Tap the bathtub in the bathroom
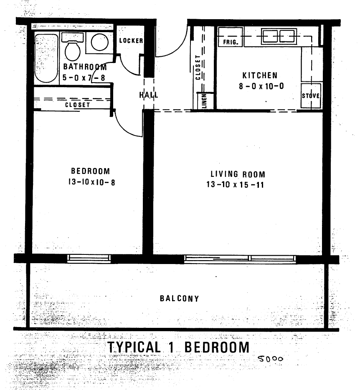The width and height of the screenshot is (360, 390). point(46,58)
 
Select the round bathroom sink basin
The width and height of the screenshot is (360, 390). point(99,42)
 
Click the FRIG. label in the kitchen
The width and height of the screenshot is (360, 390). point(230,42)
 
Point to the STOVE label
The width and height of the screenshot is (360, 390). point(311,96)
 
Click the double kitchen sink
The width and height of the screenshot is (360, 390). point(279,37)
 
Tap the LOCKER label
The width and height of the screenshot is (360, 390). point(131,40)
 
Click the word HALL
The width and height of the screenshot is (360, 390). point(148,95)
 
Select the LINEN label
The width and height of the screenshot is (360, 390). point(204,101)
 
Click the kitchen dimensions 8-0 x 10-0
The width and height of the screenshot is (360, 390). point(261,86)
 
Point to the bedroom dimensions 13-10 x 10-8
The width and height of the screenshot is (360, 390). point(91,182)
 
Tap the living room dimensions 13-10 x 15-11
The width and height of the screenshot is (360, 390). point(235,184)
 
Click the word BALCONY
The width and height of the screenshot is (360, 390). point(180,299)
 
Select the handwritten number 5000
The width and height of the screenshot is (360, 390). point(270,359)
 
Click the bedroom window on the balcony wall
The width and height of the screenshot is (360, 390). point(89,258)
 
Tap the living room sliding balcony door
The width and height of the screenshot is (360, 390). point(240,259)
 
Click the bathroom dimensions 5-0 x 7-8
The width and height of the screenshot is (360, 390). point(84,78)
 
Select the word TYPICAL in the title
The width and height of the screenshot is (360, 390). point(134,347)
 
